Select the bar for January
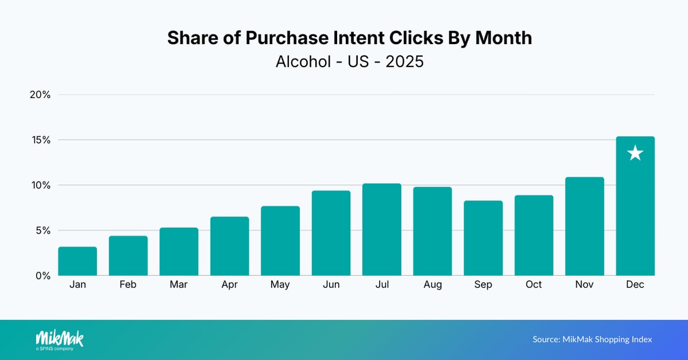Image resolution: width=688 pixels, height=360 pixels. pyautogui.click(x=78, y=261)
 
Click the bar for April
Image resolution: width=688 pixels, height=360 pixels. pyautogui.click(x=230, y=246)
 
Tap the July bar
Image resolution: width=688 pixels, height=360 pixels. pyautogui.click(x=382, y=230)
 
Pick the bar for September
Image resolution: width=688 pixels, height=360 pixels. pyautogui.click(x=483, y=238)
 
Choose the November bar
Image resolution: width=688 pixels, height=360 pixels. pyautogui.click(x=585, y=226)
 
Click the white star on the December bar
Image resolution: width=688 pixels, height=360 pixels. pyautogui.click(x=635, y=153)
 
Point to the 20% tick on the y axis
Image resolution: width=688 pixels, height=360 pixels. pyautogui.click(x=40, y=95)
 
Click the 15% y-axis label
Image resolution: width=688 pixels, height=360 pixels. pyautogui.click(x=40, y=140)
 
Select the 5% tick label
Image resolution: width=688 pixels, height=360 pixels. pyautogui.click(x=42, y=230)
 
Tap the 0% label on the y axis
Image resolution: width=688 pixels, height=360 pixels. pyautogui.click(x=42, y=276)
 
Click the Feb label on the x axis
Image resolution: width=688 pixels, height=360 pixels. pyautogui.click(x=128, y=285)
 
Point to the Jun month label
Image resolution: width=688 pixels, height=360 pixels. pyautogui.click(x=331, y=285)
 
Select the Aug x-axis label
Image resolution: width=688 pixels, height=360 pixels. pyautogui.click(x=432, y=285)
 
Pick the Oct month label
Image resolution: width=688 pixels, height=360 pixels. pyautogui.click(x=534, y=285)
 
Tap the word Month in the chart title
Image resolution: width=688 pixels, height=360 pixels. pyautogui.click(x=500, y=38)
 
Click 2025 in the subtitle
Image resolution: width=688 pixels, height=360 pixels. pyautogui.click(x=405, y=61)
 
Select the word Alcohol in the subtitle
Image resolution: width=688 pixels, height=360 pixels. pyautogui.click(x=303, y=61)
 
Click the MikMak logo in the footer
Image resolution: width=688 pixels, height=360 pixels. pyautogui.click(x=59, y=339)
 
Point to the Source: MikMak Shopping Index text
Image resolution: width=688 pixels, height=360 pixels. pyautogui.click(x=592, y=339)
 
